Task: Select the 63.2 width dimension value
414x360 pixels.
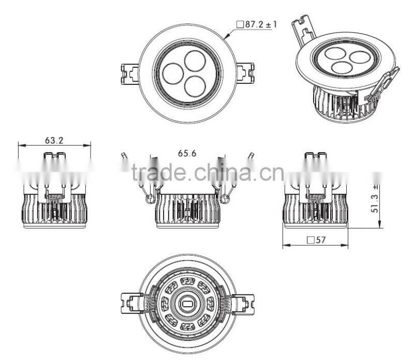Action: coord(54,140)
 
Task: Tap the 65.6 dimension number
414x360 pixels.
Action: coord(187,153)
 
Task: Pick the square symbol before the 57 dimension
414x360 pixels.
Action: coord(310,240)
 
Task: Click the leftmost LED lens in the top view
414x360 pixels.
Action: coord(172,74)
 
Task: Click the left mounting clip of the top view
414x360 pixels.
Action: coord(129,73)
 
